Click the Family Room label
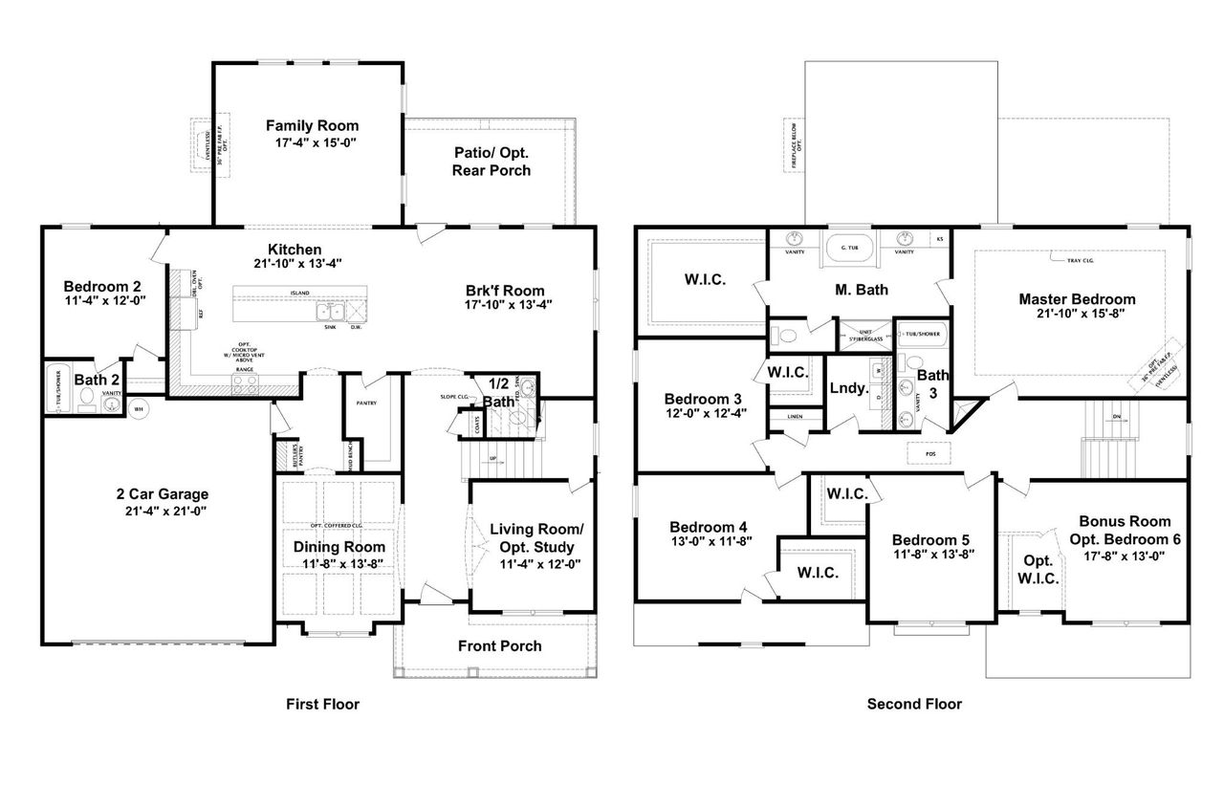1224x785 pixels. (x=312, y=126)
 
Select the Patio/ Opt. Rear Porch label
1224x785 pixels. (x=492, y=162)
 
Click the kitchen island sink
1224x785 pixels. (x=331, y=311)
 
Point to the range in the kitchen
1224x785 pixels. (x=245, y=384)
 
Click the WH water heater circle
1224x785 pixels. (x=138, y=409)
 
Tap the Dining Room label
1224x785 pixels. (x=339, y=547)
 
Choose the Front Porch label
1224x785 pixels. (x=499, y=645)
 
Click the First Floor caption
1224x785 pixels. (x=322, y=705)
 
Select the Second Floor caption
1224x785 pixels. (x=914, y=705)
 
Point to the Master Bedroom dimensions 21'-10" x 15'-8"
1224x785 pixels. (x=1077, y=315)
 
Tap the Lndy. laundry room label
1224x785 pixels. (x=848, y=389)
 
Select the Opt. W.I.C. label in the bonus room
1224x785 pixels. (x=1038, y=570)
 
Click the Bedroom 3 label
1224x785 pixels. (x=703, y=399)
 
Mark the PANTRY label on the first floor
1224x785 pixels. (x=367, y=403)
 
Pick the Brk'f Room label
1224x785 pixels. (x=505, y=291)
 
